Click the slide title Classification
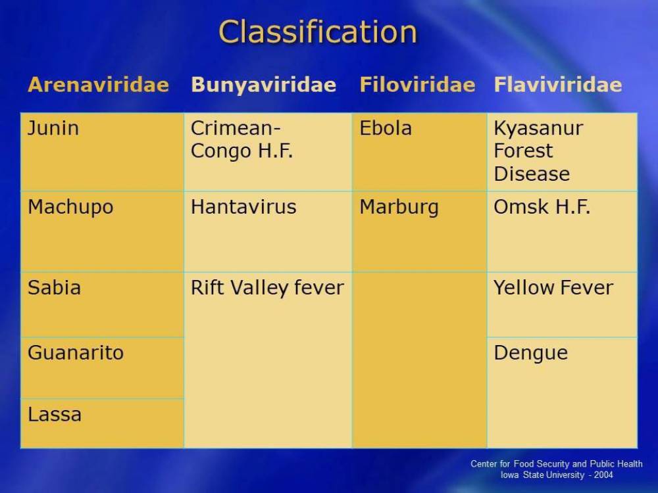318,32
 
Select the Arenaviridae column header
99,84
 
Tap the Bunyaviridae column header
264,85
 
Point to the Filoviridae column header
418,84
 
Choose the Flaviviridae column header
558,84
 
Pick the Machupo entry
70,207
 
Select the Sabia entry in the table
54,288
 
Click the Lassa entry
55,415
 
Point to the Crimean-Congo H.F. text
241,139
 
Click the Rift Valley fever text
267,288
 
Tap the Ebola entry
386,128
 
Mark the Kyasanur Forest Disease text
538,151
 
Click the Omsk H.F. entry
542,206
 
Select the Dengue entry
531,354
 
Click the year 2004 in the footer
603,475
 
